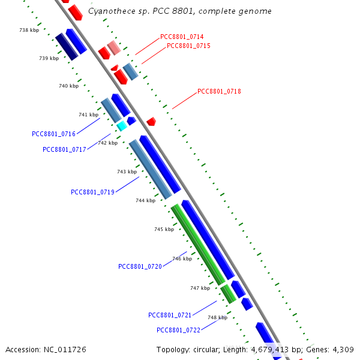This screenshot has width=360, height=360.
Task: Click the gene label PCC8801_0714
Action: click(x=181, y=37)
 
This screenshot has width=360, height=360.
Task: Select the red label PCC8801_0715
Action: click(x=188, y=46)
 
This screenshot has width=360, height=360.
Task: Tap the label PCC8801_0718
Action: click(x=219, y=91)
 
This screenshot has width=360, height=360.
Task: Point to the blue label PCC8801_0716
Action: click(x=53, y=134)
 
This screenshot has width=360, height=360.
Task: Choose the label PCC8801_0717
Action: click(x=64, y=149)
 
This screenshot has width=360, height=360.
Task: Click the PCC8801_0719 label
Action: click(x=92, y=192)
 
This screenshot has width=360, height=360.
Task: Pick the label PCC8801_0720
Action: click(x=140, y=266)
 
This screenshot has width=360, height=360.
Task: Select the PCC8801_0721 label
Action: click(x=170, y=315)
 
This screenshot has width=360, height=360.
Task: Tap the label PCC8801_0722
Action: click(x=178, y=330)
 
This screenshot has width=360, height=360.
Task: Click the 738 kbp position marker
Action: click(x=29, y=30)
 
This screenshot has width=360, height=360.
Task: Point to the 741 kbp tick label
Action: click(x=88, y=115)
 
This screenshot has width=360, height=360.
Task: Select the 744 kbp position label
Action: click(x=145, y=200)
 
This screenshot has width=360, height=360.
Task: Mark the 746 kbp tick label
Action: click(x=182, y=259)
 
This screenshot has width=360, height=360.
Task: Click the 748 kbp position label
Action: click(x=217, y=317)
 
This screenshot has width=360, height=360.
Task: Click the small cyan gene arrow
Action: click(x=122, y=126)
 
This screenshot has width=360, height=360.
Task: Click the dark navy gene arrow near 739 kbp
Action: click(x=67, y=47)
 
